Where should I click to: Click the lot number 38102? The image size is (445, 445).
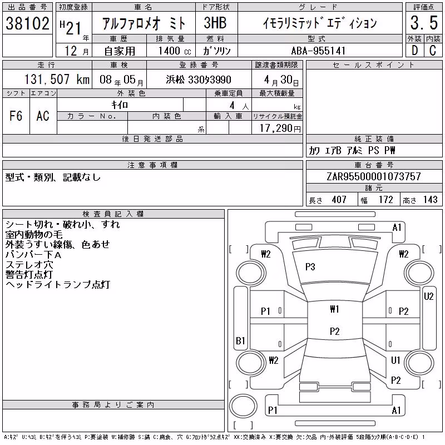point(27,23)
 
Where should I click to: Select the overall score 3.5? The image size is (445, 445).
point(424,23)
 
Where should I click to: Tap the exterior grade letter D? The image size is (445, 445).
point(414,51)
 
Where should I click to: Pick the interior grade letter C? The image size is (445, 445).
point(433,51)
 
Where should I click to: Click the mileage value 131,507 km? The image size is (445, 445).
point(57,79)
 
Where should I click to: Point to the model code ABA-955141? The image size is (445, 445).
point(318,51)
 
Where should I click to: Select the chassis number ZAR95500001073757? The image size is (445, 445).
point(373,176)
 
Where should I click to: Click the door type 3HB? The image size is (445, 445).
point(215,23)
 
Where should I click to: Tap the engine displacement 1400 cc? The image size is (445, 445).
point(175,51)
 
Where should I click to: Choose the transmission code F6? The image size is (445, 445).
point(16,116)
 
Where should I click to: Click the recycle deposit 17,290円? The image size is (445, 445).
point(280,128)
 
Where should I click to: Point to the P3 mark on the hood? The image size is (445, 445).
point(310,267)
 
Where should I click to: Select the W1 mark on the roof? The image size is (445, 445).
point(335,309)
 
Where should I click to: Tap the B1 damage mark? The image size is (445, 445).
point(240,340)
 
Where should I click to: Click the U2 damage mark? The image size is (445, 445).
point(428,296)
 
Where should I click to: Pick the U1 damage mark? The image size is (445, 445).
point(395,360)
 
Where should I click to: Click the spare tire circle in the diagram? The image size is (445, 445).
point(243,406)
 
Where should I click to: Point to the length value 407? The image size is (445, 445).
point(339,200)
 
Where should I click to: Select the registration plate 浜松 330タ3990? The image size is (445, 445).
point(199,80)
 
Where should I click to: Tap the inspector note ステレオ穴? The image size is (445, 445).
point(29,265)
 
